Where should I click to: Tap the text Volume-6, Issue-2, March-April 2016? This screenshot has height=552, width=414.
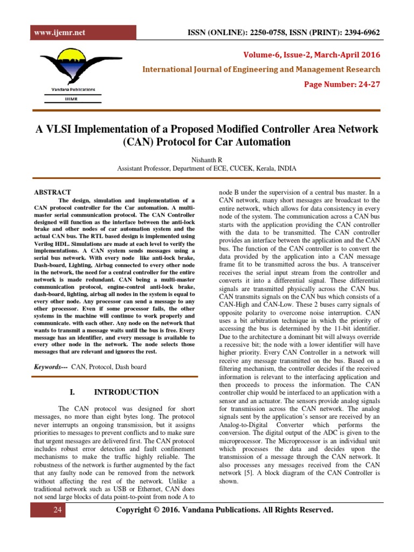(312, 55)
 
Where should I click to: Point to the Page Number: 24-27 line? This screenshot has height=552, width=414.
(342, 84)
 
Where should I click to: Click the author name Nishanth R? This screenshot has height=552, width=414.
(206, 159)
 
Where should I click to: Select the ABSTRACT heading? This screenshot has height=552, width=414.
(52, 192)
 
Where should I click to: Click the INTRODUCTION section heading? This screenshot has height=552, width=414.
(126, 392)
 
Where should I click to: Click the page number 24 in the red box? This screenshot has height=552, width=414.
(58, 510)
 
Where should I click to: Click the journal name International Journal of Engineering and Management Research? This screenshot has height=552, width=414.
(261, 70)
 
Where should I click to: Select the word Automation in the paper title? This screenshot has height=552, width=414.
(260, 142)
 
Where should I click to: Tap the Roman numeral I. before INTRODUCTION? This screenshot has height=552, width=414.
(74, 392)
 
